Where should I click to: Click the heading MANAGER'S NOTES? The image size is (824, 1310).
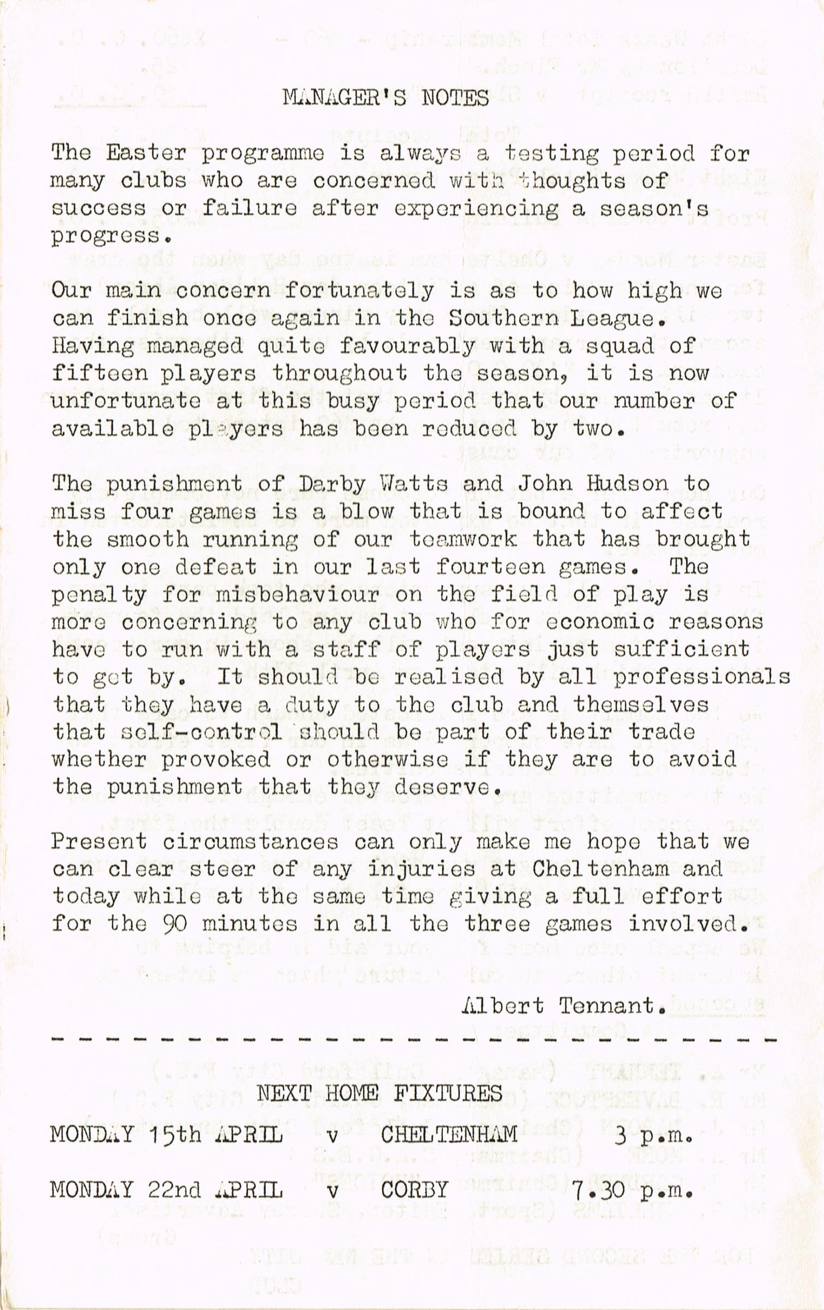(x=386, y=98)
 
